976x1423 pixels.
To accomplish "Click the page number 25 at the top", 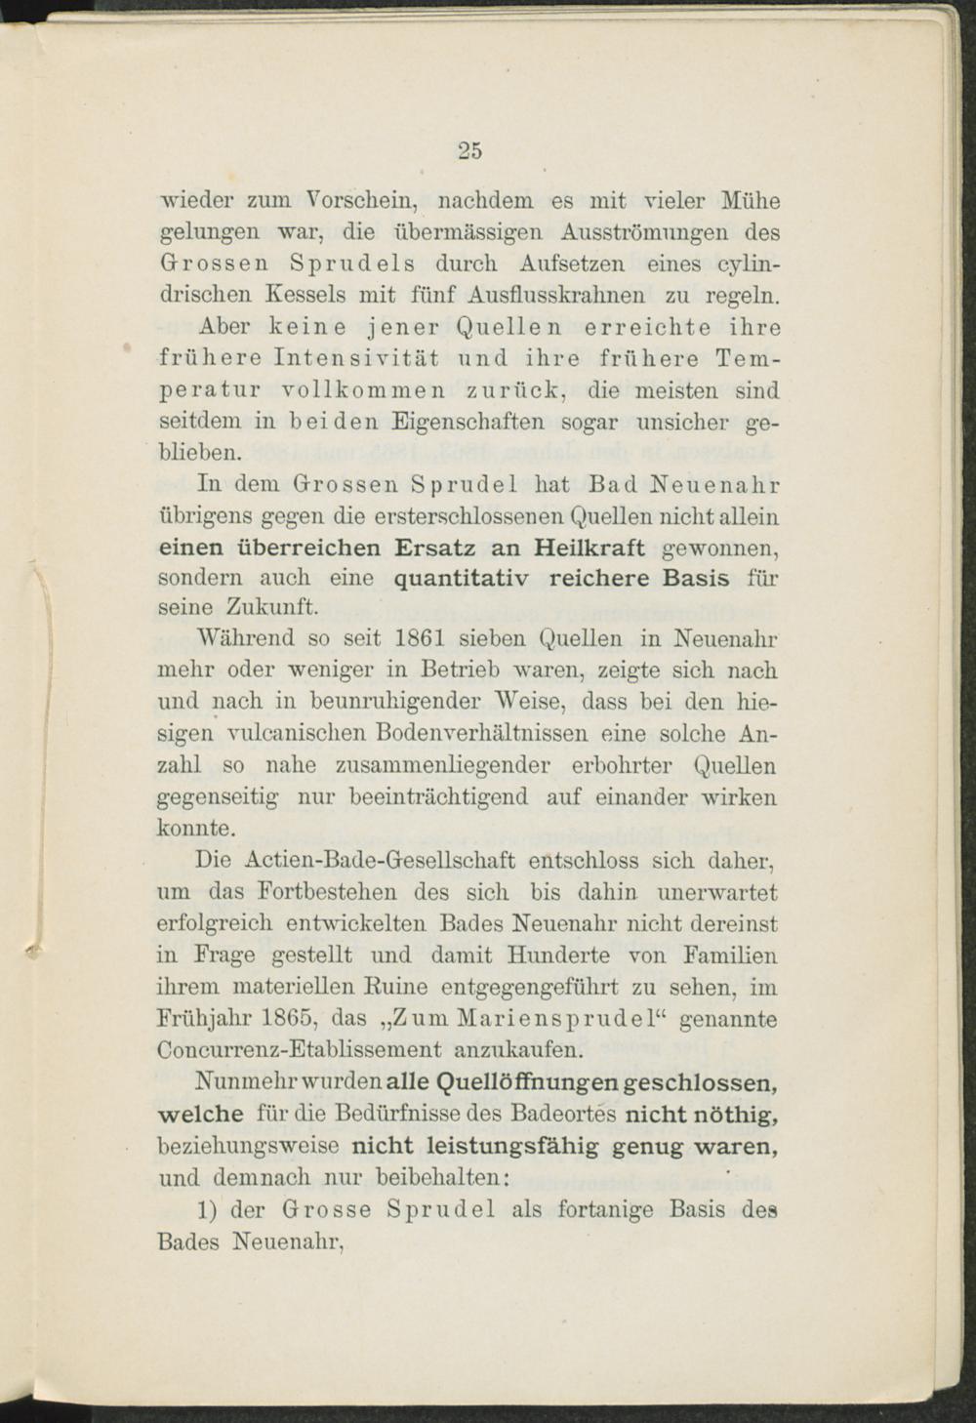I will [x=469, y=150].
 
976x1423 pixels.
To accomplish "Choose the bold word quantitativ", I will [x=462, y=578].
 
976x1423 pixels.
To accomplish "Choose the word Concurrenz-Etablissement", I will [x=299, y=1050].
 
